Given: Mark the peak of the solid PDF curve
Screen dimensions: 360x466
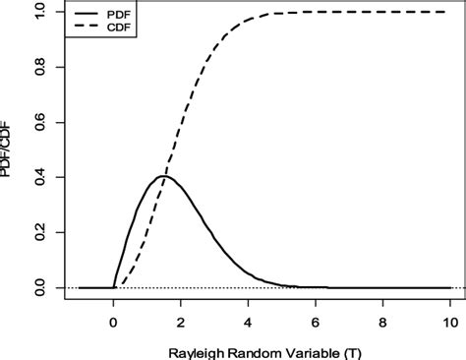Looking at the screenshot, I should pyautogui.click(x=163, y=176).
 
